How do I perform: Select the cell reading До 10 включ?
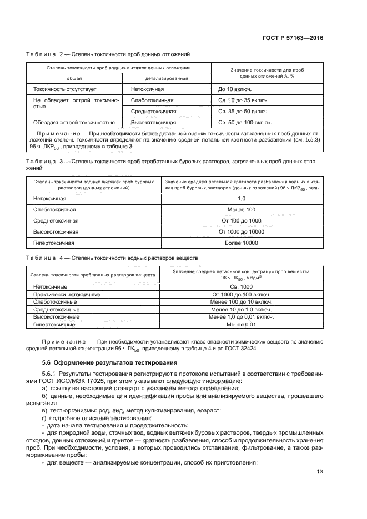coord(235,89)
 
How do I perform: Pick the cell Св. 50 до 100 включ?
coord(245,122)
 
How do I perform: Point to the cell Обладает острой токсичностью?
coord(74,122)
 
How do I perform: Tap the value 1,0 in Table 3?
coord(241,198)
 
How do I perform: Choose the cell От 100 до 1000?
coord(241,220)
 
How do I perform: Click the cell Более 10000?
coord(241,243)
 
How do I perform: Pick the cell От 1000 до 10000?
coord(241,231)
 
